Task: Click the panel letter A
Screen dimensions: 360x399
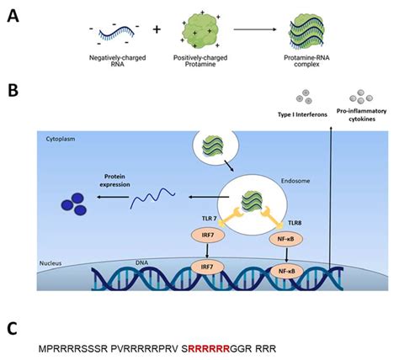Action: coord(13,14)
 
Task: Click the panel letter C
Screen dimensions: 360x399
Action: coord(13,326)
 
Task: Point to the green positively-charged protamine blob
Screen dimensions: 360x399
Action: coord(197,29)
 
